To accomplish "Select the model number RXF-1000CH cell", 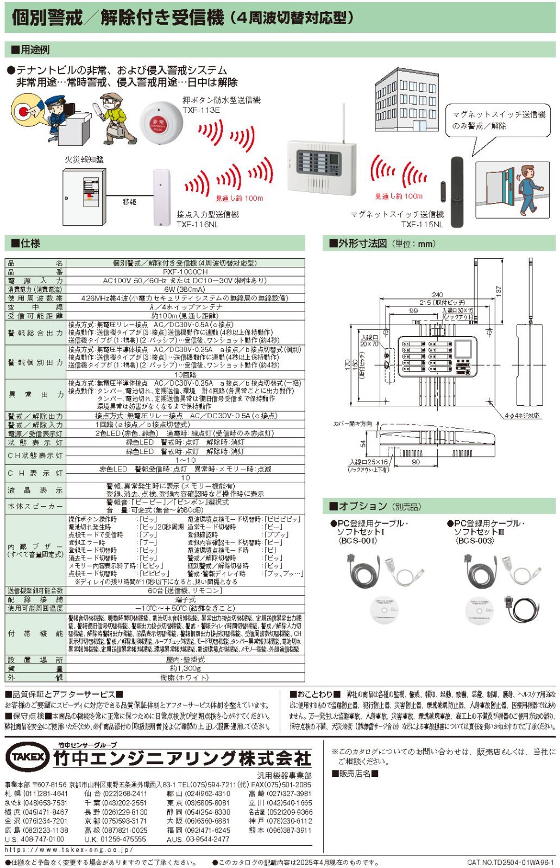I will (x=185, y=272).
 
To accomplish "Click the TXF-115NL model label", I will (x=422, y=224).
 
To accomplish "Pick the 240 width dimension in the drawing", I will (x=437, y=295).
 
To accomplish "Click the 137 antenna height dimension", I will (x=499, y=291).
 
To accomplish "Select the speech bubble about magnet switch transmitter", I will (x=499, y=120).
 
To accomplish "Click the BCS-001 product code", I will (x=356, y=540).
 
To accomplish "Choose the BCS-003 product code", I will (x=475, y=540).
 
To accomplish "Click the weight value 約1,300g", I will (x=185, y=668).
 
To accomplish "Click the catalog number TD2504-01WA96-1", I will (x=510, y=862).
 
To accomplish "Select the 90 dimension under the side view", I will (x=416, y=462).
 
